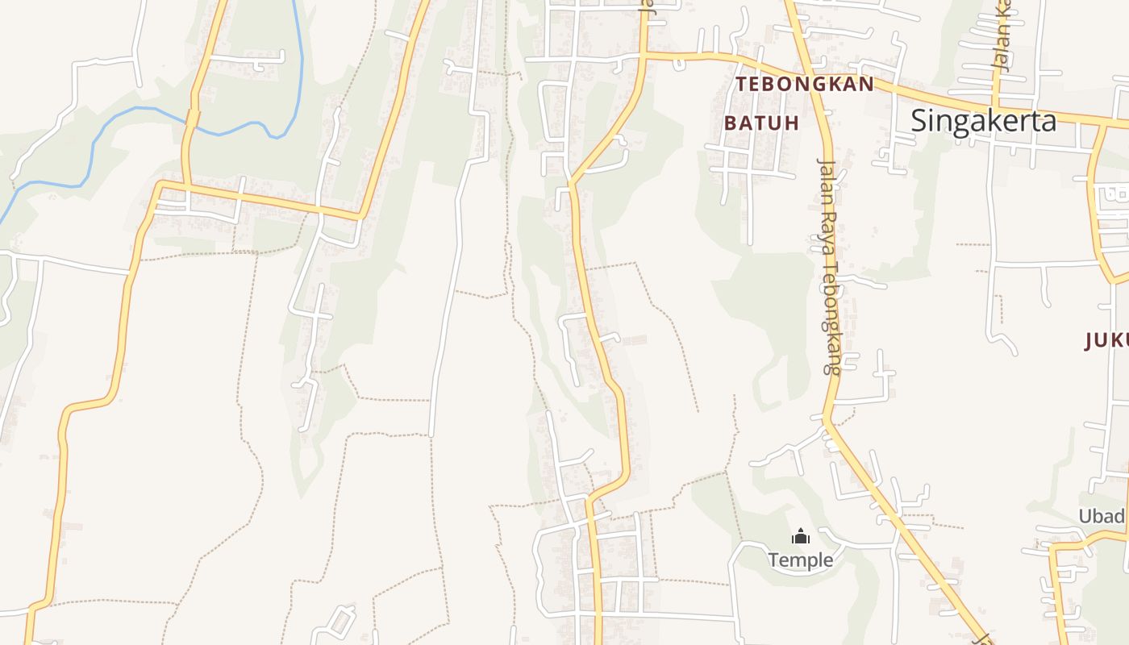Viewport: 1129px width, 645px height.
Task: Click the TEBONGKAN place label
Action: (804, 85)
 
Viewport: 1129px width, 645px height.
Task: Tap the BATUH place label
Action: (761, 123)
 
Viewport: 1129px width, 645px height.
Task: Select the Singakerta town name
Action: (983, 121)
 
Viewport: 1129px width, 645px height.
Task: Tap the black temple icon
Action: (800, 536)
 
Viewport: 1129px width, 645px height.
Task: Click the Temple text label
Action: (800, 560)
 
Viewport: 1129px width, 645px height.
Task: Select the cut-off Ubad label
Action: (1102, 516)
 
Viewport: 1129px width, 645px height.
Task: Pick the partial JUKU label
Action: (1106, 341)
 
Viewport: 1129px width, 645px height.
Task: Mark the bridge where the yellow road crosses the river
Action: (193, 119)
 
